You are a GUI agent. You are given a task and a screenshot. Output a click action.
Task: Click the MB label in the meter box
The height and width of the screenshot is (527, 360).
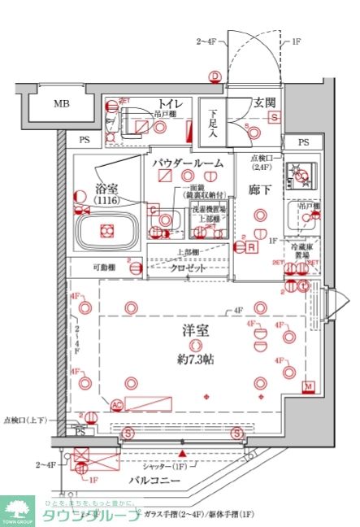(x=61, y=104)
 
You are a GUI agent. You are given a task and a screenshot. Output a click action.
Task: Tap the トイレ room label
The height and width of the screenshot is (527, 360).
(x=169, y=103)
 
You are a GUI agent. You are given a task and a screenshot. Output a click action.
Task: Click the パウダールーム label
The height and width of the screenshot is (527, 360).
(x=187, y=163)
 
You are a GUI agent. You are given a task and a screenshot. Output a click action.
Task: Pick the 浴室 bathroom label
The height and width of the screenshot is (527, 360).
(x=106, y=186)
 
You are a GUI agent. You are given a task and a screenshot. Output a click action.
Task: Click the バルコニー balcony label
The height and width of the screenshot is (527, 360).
(x=176, y=481)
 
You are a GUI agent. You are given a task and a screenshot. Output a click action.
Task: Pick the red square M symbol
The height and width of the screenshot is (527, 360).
(x=308, y=385)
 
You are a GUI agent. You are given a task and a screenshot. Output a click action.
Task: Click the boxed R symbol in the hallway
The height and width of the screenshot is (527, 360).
(x=253, y=247)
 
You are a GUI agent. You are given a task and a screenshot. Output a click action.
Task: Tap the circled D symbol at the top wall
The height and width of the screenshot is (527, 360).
(x=215, y=77)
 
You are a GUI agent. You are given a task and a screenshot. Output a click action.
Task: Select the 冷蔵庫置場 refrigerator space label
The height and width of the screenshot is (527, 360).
(x=310, y=248)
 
